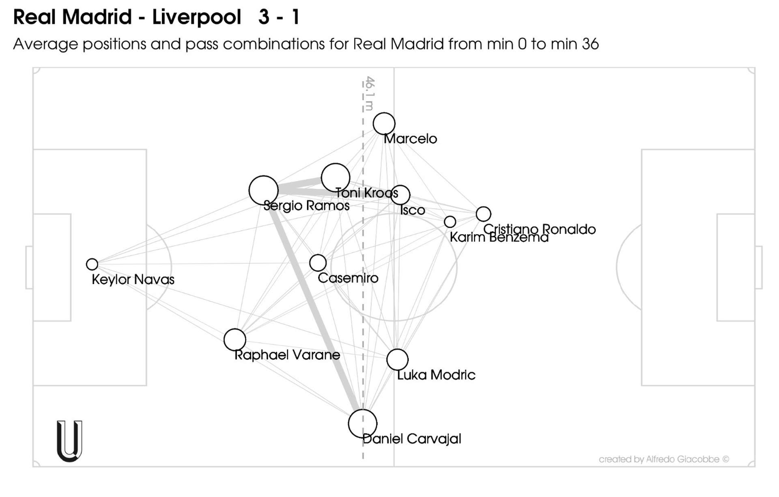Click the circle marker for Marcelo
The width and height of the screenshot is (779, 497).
[x=384, y=124]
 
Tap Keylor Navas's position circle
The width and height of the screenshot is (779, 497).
[x=92, y=264]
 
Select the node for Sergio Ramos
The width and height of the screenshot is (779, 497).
[x=263, y=190]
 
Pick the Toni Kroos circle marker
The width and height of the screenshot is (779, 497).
[x=335, y=178]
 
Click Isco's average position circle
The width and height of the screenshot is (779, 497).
[x=400, y=195]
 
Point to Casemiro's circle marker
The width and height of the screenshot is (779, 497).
[x=318, y=263]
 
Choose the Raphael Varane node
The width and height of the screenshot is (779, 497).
[x=235, y=339]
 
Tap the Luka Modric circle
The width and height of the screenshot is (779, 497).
[x=397, y=359]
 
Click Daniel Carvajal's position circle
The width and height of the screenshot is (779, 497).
[x=362, y=423]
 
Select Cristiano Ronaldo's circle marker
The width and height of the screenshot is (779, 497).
[x=483, y=214]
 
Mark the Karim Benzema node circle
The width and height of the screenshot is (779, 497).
[x=450, y=222]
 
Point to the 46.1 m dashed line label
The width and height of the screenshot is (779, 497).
[x=369, y=93]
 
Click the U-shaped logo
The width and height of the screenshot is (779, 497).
[x=69, y=441]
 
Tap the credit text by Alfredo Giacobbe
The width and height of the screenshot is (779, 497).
[x=664, y=459]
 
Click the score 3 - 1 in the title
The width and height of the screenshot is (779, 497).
[x=279, y=17]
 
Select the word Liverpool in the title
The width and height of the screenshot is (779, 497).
[x=196, y=17]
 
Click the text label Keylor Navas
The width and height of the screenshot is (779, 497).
[x=133, y=280]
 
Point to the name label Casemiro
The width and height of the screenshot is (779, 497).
[x=348, y=278]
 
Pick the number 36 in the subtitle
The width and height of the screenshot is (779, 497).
[x=590, y=44]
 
